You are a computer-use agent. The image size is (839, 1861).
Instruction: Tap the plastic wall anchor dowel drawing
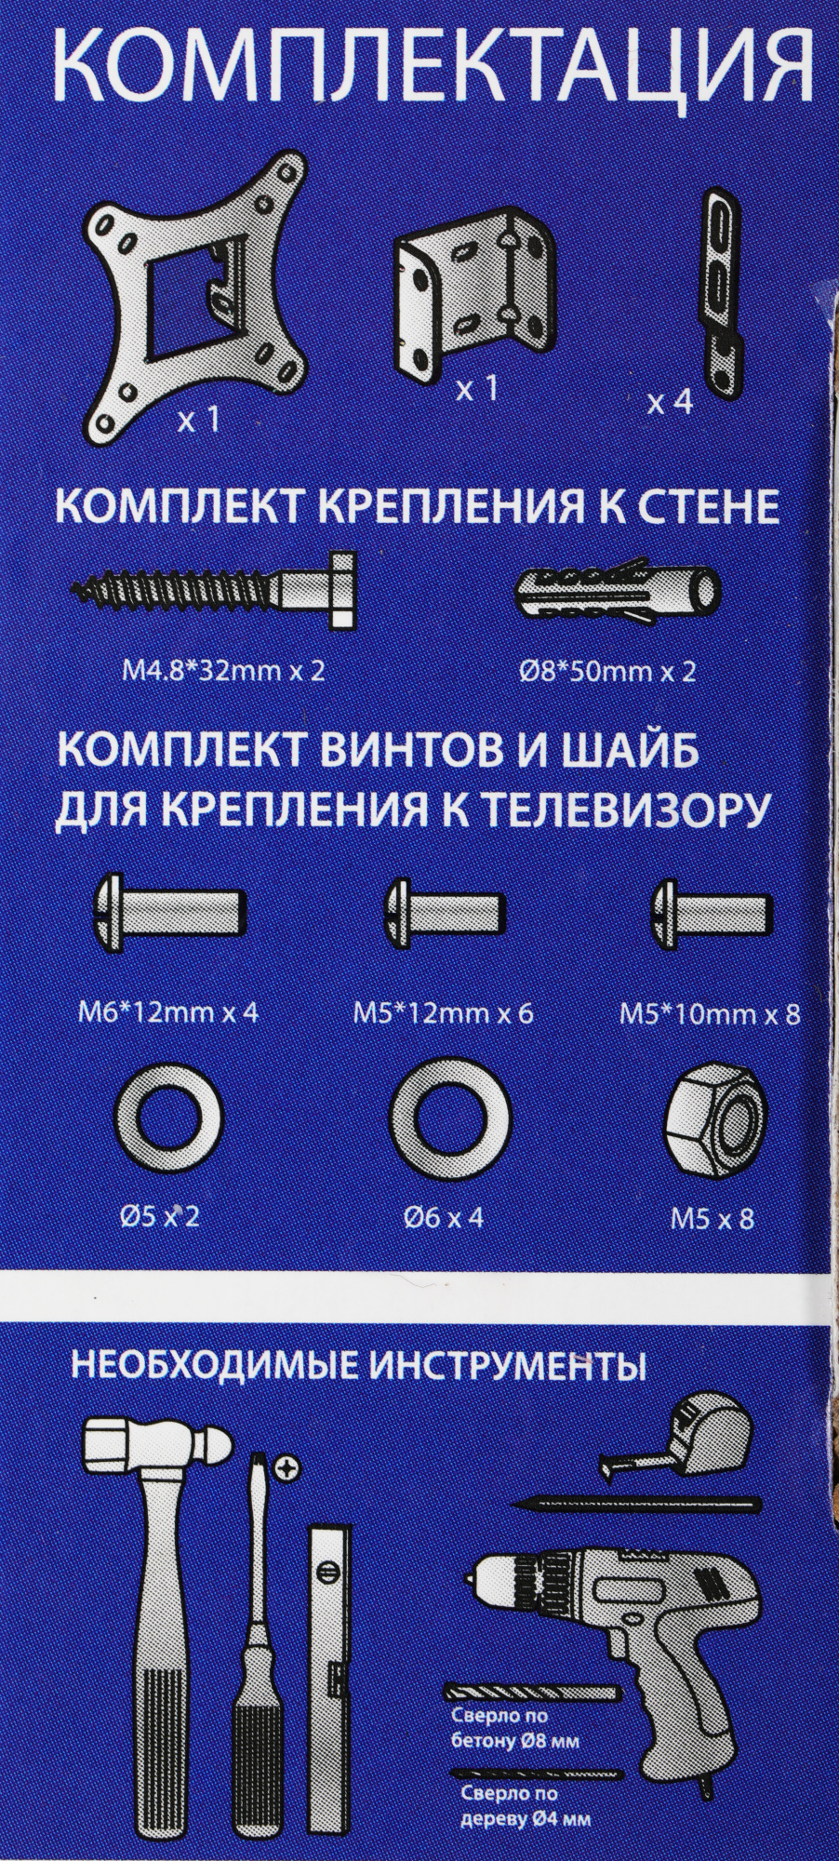[x=618, y=589]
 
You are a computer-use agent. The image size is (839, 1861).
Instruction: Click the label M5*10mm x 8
[x=710, y=1013]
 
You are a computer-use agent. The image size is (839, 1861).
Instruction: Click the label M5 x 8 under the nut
[x=712, y=1218]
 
